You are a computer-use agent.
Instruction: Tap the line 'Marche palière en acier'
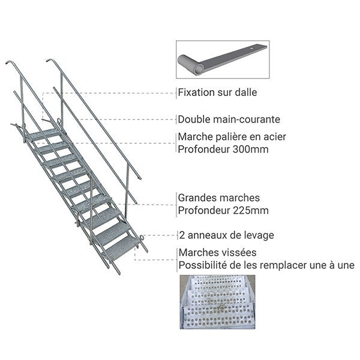(232, 137)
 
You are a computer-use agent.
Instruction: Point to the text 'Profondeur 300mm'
(223, 149)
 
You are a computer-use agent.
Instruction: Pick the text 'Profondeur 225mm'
(223, 210)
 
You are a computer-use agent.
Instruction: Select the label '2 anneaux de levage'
(226, 235)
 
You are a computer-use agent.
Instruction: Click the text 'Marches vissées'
(217, 253)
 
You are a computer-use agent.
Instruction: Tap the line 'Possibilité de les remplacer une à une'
(266, 265)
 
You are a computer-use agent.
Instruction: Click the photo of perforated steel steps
(217, 302)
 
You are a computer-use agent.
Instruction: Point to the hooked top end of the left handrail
(8, 62)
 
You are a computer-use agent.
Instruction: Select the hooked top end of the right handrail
(49, 59)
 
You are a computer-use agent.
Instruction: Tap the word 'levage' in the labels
(259, 235)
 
